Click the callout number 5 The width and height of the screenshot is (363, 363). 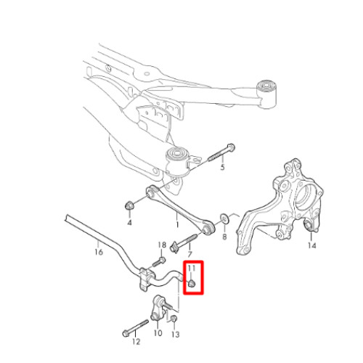click(x=222, y=167)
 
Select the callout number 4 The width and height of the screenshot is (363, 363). click(x=129, y=222)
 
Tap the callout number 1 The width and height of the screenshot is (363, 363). click(x=177, y=224)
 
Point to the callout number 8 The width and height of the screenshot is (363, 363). click(x=224, y=237)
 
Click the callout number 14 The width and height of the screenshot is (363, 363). click(x=312, y=245)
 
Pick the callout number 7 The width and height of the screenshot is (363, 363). click(x=189, y=254)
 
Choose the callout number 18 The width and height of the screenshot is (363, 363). click(x=162, y=245)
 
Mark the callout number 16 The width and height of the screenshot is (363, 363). click(x=99, y=252)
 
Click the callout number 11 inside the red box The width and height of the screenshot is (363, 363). click(x=192, y=268)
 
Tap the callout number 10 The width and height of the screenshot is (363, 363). click(x=158, y=333)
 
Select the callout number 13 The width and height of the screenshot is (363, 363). click(x=176, y=335)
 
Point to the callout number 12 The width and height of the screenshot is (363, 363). click(x=136, y=342)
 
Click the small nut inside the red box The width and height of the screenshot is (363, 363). click(x=192, y=283)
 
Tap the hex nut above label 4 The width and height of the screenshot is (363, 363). click(x=129, y=205)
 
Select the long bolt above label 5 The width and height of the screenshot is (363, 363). click(x=221, y=152)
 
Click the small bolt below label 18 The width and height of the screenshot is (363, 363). click(x=158, y=262)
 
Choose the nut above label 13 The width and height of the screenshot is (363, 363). click(x=174, y=319)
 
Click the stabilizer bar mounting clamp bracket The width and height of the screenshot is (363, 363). click(x=146, y=280)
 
